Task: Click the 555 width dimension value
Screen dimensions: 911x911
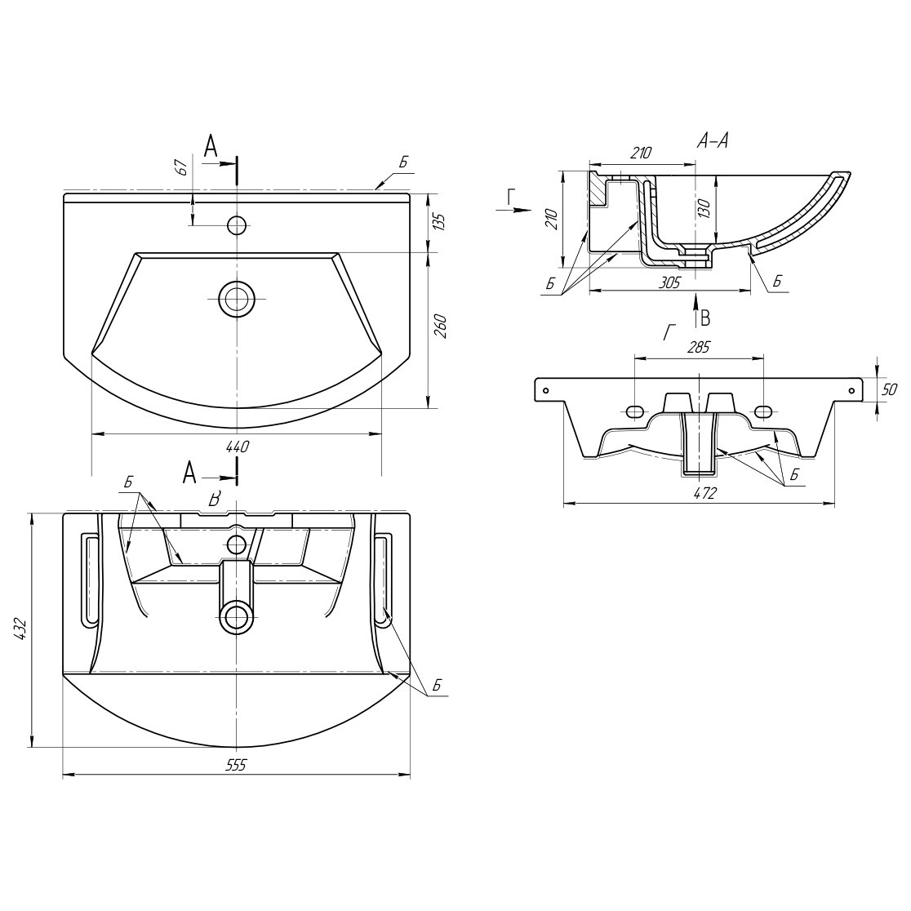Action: pos(237,765)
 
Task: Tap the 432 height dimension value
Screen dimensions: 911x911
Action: pos(22,630)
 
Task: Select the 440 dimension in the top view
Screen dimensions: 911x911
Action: pos(237,446)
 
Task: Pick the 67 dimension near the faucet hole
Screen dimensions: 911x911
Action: pos(182,167)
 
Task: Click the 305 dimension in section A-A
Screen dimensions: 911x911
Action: pos(669,282)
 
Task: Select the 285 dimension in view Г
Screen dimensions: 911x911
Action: pos(699,348)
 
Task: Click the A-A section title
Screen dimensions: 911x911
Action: pos(713,141)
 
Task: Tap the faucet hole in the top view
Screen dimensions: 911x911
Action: pos(237,224)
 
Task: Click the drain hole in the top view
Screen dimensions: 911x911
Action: pos(237,299)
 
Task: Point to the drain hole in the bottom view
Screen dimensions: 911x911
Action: pos(237,618)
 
